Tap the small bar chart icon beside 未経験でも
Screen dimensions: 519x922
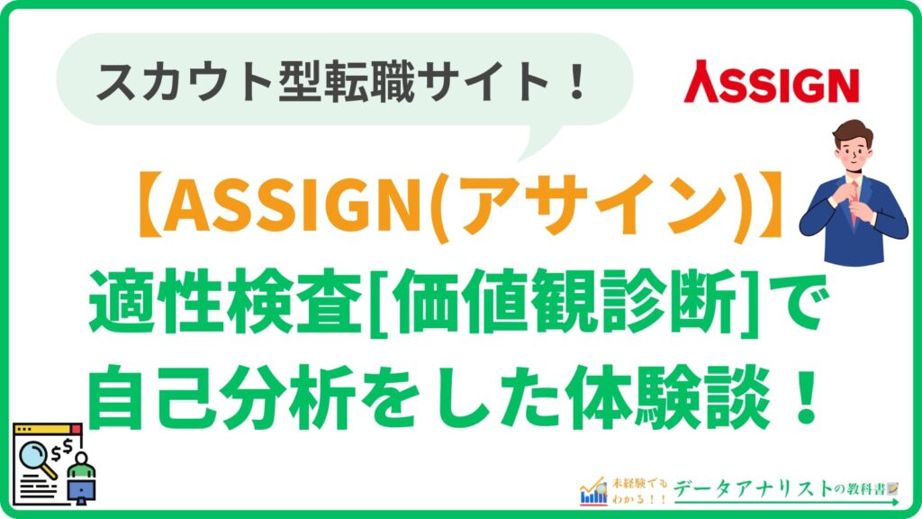pyautogui.click(x=593, y=490)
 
